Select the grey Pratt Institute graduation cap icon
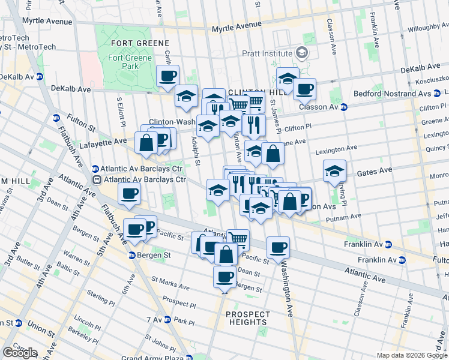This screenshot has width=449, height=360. point(305,53)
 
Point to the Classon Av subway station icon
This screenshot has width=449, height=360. point(345,107)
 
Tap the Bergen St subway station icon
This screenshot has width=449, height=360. point(133,255)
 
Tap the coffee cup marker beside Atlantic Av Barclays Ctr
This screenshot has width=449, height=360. point(130,193)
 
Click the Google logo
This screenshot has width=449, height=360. point(20,353)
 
